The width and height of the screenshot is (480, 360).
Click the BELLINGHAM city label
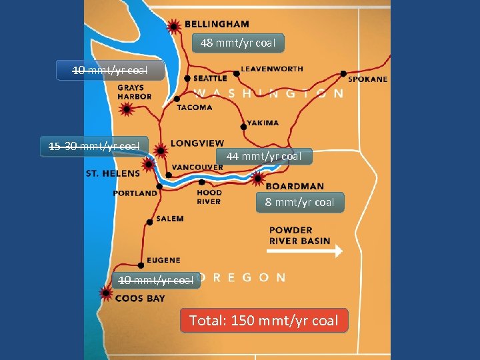click(x=217, y=24)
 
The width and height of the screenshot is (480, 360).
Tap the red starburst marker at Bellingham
click(x=174, y=26)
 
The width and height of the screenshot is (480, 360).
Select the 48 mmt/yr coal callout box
click(x=238, y=43)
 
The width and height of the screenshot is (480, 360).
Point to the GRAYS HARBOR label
click(x=135, y=92)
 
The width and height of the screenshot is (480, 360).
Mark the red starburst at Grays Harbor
click(x=125, y=109)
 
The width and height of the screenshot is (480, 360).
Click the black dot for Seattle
click(x=187, y=79)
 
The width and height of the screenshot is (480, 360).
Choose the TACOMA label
click(x=195, y=107)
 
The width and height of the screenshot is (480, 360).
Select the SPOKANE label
click(x=367, y=79)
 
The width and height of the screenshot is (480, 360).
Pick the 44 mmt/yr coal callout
click(x=263, y=156)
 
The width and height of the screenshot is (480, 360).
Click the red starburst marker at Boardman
click(x=258, y=178)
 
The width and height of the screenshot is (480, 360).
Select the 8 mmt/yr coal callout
click(x=299, y=202)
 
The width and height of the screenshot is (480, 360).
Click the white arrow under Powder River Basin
click(x=304, y=251)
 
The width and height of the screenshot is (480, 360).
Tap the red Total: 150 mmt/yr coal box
click(x=264, y=321)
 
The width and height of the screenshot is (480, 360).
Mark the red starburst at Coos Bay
click(x=105, y=293)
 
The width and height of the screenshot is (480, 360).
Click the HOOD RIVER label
click(x=209, y=197)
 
